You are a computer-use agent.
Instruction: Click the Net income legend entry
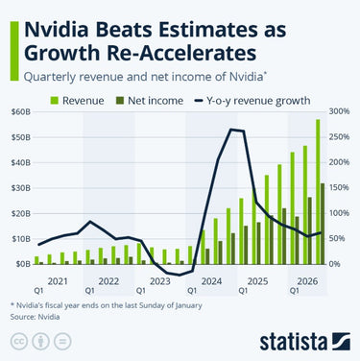156,99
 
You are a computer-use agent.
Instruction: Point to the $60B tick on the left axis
20,111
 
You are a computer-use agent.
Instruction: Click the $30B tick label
20,186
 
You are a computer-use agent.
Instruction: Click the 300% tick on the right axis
339,111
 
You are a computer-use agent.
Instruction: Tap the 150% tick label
339,186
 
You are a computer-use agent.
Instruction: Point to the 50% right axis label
339,237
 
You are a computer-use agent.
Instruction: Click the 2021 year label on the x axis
58,280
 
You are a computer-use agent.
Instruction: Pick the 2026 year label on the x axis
307,280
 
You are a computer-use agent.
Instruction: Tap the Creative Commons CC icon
18,342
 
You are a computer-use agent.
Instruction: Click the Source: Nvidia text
31,315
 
